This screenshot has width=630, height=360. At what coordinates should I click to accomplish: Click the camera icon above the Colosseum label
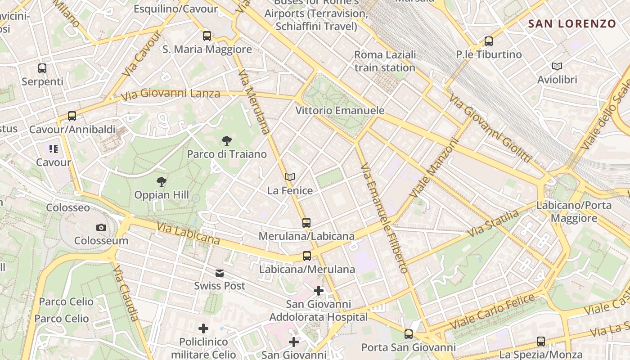pyautogui.click(x=101, y=228)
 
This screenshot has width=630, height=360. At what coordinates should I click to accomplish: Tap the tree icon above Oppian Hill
pyautogui.click(x=162, y=182)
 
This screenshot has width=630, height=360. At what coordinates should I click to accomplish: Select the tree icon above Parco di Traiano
pyautogui.click(x=227, y=141)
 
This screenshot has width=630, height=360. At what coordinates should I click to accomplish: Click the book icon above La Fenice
pyautogui.click(x=290, y=177)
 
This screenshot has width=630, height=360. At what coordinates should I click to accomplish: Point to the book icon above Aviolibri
pyautogui.click(x=557, y=67)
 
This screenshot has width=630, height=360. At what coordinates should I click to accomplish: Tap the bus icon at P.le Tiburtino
pyautogui.click(x=489, y=41)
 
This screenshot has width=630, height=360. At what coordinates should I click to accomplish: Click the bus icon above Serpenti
pyautogui.click(x=42, y=68)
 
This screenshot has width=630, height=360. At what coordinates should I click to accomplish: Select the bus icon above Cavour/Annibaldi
pyautogui.click(x=72, y=116)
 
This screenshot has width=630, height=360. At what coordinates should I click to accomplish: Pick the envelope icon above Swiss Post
pyautogui.click(x=220, y=273)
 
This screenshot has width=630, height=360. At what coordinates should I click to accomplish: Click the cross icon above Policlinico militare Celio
pyautogui.click(x=203, y=328)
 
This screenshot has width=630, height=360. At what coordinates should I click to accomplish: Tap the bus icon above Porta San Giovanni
pyautogui.click(x=409, y=334)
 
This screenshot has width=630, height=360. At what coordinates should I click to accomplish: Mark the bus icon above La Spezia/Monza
pyautogui.click(x=541, y=342)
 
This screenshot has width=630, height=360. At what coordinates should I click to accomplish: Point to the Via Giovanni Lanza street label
pyautogui.click(x=171, y=94)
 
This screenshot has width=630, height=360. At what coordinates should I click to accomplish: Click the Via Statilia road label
pyautogui.click(x=493, y=224)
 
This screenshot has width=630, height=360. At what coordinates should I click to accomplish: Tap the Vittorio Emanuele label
pyautogui.click(x=340, y=110)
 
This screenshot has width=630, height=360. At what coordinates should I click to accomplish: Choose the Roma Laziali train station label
pyautogui.click(x=385, y=61)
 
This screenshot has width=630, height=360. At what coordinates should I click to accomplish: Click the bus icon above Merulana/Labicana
pyautogui.click(x=306, y=223)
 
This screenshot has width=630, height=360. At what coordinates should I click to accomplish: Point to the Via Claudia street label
pyautogui.click(x=126, y=293)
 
